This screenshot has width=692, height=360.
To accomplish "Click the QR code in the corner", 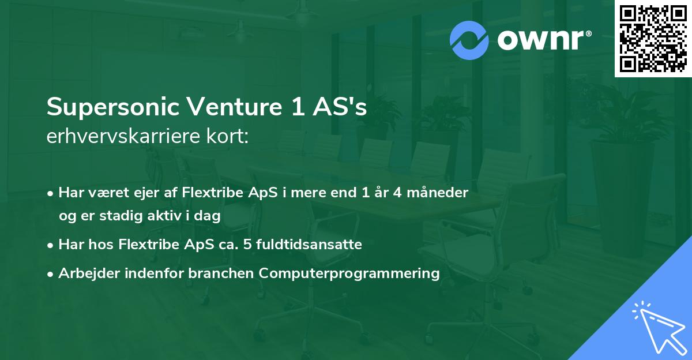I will tap(653, 39).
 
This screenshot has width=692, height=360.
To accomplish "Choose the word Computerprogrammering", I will tap(349, 273).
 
